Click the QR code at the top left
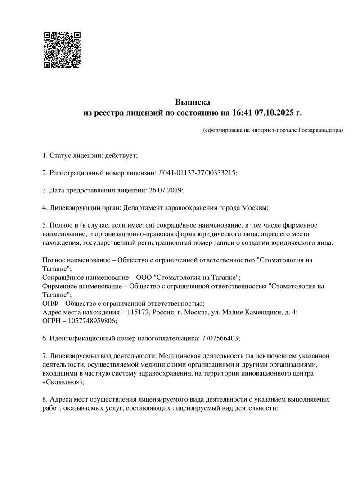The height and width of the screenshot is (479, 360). [62, 49]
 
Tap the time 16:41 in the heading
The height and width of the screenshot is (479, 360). [242, 112]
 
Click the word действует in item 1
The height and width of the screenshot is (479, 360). [121, 156]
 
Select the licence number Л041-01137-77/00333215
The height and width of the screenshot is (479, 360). [197, 173]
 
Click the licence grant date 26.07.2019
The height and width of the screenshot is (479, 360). [164, 190]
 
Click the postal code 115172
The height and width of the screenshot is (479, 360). [138, 312]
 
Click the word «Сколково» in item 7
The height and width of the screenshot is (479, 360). [62, 381]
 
